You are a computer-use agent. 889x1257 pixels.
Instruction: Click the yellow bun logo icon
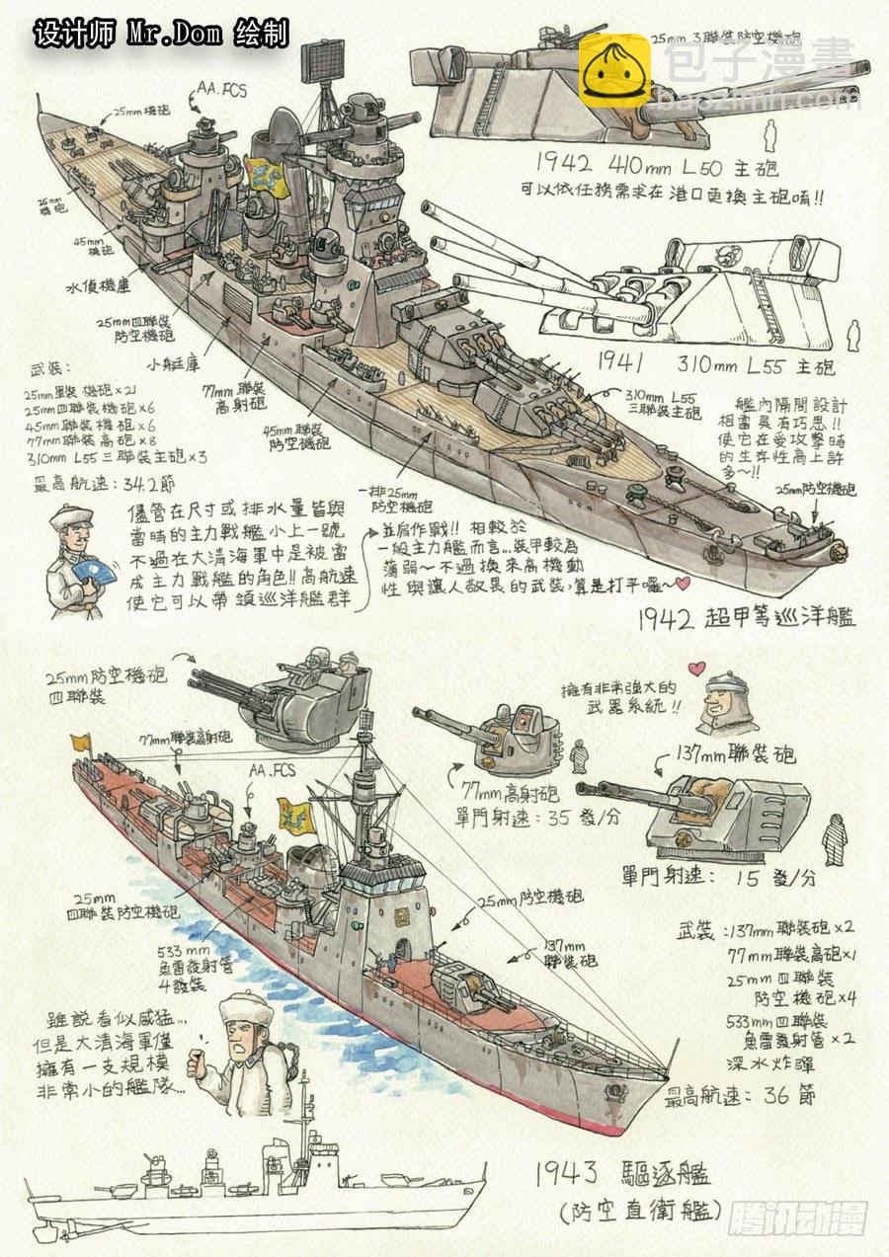(614, 70)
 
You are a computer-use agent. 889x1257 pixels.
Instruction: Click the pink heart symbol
(696, 668)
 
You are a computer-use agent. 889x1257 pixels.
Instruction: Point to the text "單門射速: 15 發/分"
(719, 877)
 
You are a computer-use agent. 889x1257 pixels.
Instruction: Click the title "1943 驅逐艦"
(623, 1174)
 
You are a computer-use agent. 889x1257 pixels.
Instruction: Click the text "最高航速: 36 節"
(741, 1095)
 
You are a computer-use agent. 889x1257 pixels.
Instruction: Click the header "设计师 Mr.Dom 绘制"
(161, 34)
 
